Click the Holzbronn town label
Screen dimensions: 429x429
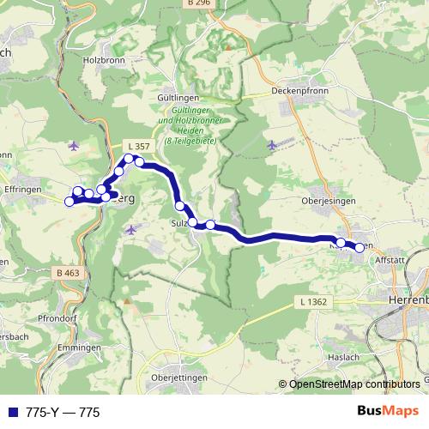click(x=104, y=61)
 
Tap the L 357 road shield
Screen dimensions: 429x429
click(x=136, y=145)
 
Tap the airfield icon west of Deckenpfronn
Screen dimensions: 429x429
click(x=273, y=143)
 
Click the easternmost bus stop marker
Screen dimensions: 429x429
click(x=383, y=248)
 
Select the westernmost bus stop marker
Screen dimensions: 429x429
click(x=69, y=202)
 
